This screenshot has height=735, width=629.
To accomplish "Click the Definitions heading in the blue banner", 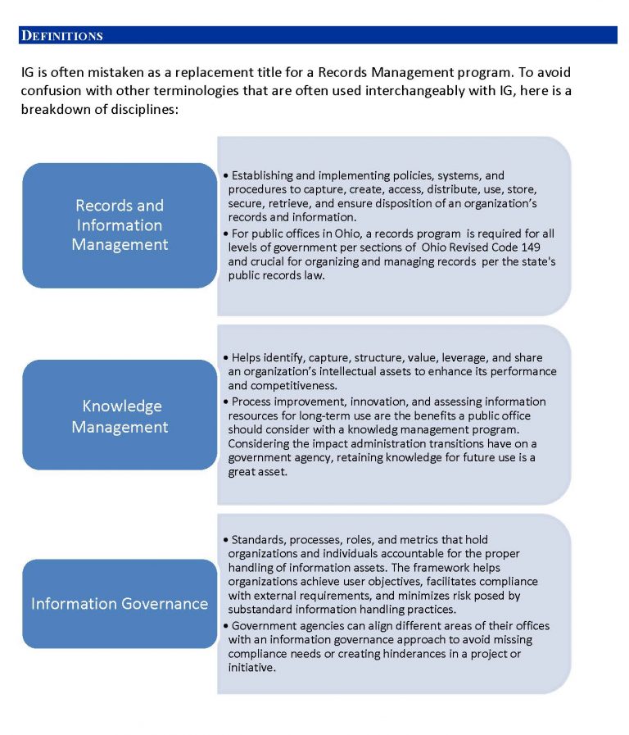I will [62, 36].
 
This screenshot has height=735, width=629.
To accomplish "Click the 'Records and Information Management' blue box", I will [120, 225].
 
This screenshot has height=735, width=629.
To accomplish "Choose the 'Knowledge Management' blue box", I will [120, 416].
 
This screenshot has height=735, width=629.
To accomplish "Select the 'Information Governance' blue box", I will [120, 604].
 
